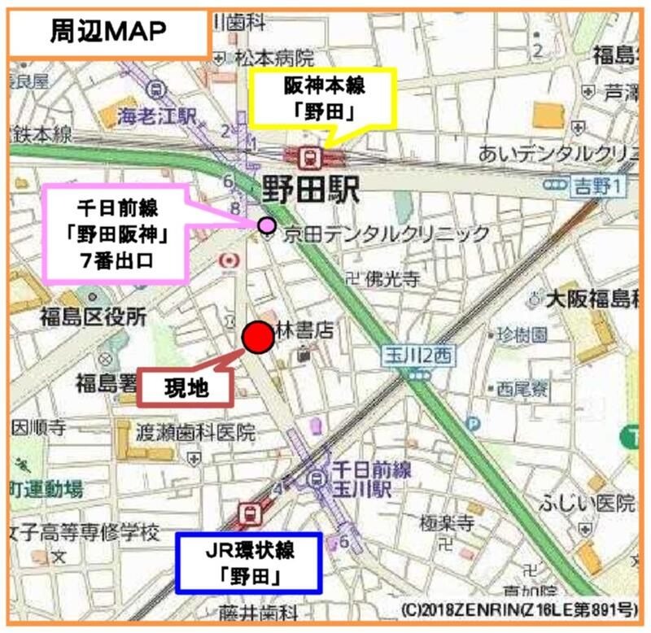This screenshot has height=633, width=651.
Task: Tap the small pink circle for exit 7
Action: [266, 225]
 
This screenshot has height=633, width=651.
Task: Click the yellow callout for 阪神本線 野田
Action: [323, 96]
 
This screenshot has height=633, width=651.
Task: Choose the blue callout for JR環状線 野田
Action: [249, 562]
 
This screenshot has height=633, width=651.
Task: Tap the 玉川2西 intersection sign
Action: [421, 355]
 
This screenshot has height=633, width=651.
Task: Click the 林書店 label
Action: [305, 330]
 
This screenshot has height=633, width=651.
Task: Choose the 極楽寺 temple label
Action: [447, 522]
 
